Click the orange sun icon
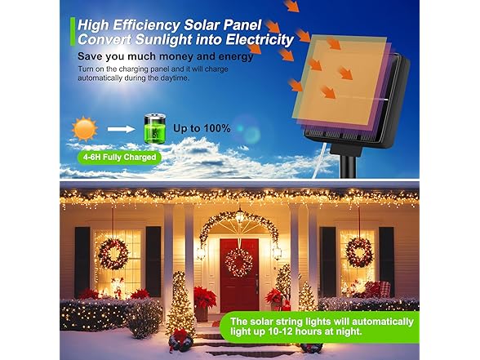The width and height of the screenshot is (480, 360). coord(83,129)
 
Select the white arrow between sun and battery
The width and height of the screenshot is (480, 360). coord(119,129)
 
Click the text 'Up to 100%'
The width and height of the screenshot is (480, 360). coord(201,128)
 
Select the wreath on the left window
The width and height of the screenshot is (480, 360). coord(113,254)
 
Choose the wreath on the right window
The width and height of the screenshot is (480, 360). coord(359,251)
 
